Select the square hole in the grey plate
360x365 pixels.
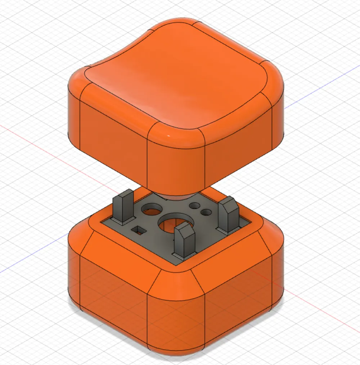tap(138, 230)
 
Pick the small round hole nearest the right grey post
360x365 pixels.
tap(206, 213)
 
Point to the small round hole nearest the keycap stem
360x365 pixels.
tap(195, 206)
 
